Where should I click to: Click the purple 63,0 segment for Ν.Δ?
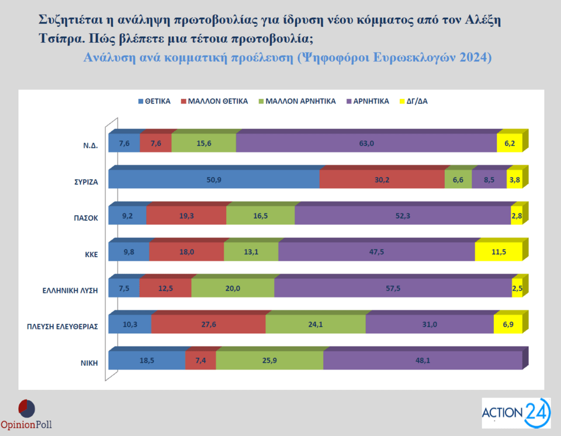pyautogui.click(x=366, y=143)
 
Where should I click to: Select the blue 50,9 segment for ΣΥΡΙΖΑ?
pyautogui.click(x=214, y=179)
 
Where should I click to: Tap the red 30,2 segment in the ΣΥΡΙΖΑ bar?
pyautogui.click(x=382, y=179)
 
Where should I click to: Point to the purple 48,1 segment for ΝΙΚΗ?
pyautogui.click(x=422, y=361)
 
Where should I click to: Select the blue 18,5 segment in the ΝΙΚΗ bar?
pyautogui.click(x=147, y=361)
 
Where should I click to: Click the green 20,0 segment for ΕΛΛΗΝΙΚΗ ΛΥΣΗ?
pyautogui.click(x=233, y=288)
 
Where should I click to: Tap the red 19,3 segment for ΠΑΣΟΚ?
pyautogui.click(x=186, y=216)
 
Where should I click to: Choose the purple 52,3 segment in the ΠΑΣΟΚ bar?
pyautogui.click(x=403, y=216)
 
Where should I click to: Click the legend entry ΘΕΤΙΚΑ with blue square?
pyautogui.click(x=154, y=101)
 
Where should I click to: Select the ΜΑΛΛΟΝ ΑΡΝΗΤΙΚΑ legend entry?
pyautogui.click(x=296, y=101)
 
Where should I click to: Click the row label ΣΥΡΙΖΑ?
pyautogui.click(x=82, y=182)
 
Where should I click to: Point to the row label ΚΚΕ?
pyautogui.click(x=89, y=254)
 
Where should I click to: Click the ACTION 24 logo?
pyautogui.click(x=515, y=413)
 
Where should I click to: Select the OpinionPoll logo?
pyautogui.click(x=26, y=414)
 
